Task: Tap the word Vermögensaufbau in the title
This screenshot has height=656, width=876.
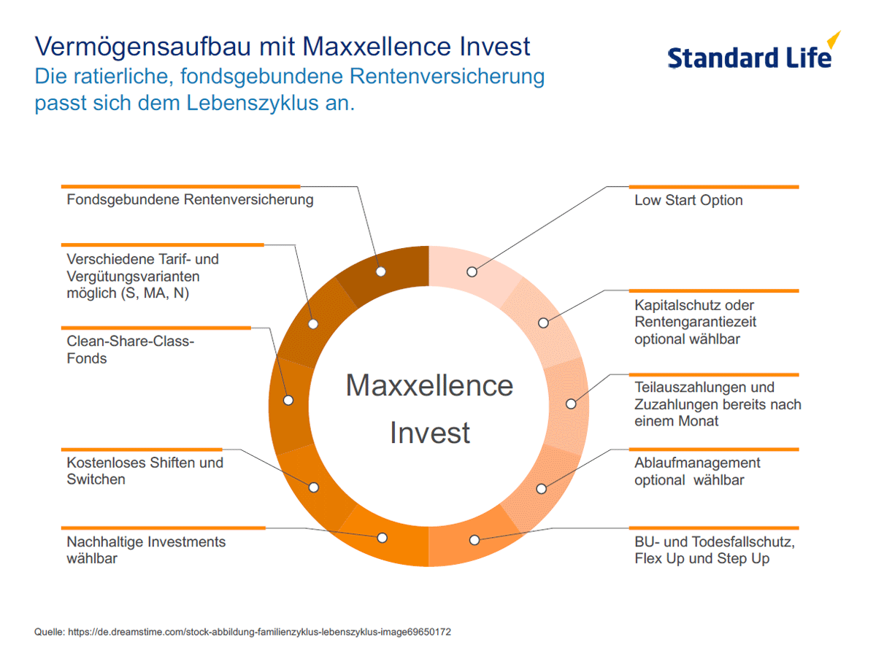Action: click(x=142, y=47)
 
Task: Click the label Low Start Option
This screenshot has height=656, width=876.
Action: click(x=688, y=200)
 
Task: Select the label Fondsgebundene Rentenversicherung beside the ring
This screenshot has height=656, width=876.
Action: click(x=190, y=200)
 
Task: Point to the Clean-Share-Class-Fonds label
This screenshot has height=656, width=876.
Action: click(x=131, y=350)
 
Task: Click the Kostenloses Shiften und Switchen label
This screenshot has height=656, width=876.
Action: click(x=145, y=471)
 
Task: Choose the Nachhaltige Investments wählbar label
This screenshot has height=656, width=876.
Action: click(x=146, y=550)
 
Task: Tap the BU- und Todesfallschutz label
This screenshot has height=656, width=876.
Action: click(x=715, y=550)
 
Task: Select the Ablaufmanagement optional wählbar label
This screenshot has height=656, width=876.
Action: click(x=697, y=471)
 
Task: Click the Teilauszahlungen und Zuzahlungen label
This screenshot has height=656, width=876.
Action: click(x=718, y=404)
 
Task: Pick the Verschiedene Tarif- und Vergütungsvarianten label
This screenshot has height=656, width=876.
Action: click(x=142, y=276)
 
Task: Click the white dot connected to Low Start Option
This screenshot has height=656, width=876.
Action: click(x=472, y=272)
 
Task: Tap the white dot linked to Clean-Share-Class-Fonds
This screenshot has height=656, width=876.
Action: click(x=288, y=401)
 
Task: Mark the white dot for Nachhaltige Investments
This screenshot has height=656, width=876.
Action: click(x=382, y=538)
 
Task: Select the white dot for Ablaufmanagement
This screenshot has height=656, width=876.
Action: click(x=541, y=489)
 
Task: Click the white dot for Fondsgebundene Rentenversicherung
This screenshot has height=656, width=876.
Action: click(x=381, y=271)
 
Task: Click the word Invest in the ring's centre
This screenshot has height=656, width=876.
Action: click(x=430, y=433)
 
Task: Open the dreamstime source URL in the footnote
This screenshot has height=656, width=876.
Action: click(x=259, y=632)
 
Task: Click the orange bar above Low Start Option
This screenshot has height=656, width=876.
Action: click(x=714, y=187)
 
